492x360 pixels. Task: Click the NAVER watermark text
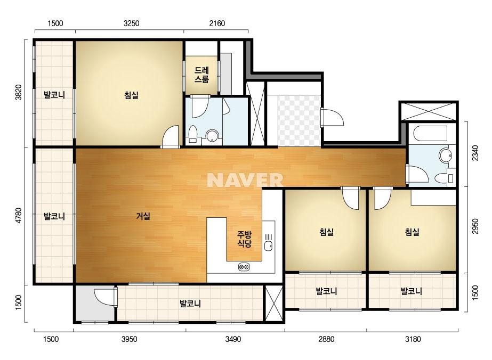click(x=245, y=180)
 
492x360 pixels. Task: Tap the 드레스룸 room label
click(x=201, y=75)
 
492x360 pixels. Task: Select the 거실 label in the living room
click(x=143, y=216)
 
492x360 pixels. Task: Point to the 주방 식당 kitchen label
click(x=244, y=239)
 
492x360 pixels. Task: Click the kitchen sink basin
click(x=268, y=246)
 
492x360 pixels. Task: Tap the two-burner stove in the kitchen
click(x=244, y=267)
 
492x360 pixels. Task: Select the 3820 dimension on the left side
click(x=19, y=92)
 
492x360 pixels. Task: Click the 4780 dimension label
click(x=19, y=216)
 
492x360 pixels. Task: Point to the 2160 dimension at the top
click(x=217, y=23)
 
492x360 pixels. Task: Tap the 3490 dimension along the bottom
click(x=233, y=339)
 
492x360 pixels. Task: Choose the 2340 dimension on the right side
click(x=475, y=153)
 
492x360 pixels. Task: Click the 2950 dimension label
click(x=475, y=226)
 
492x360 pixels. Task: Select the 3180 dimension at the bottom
click(x=413, y=339)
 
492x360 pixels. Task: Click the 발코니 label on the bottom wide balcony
click(x=190, y=303)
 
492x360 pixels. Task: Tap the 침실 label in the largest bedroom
click(x=131, y=95)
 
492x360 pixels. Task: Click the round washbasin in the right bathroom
click(x=445, y=155)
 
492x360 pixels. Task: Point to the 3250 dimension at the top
click(x=132, y=23)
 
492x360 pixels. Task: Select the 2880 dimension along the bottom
click(x=326, y=339)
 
